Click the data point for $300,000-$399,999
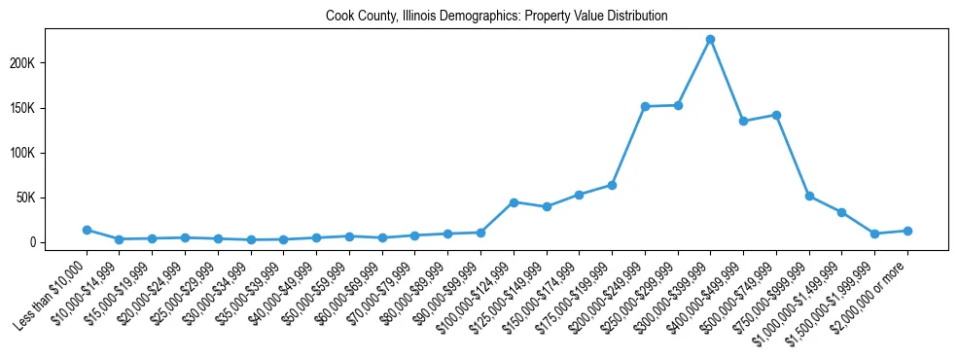click(x=710, y=39)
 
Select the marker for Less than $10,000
click(x=87, y=230)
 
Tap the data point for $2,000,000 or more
click(x=907, y=231)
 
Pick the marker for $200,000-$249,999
click(x=645, y=106)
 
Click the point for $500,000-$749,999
click(x=776, y=115)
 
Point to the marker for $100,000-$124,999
click(x=514, y=201)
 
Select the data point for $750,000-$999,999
click(x=809, y=196)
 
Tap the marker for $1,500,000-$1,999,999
click(x=874, y=234)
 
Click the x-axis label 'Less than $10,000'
click(x=54, y=289)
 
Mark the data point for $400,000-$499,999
click(x=743, y=121)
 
